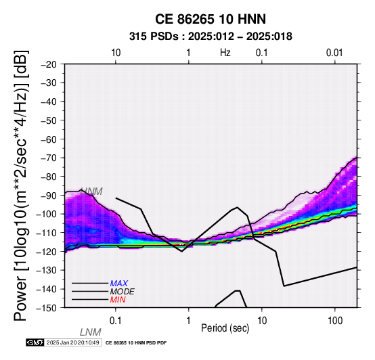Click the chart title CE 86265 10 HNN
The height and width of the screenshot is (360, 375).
coord(211,19)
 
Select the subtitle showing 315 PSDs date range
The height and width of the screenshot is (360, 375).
coord(211,37)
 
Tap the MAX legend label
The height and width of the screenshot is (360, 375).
coord(119,284)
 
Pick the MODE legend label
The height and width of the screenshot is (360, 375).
coord(123,292)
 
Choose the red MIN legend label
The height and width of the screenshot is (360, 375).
coord(118,300)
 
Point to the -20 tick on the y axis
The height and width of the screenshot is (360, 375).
coord(49,64)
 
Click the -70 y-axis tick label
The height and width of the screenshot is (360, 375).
coord(49,158)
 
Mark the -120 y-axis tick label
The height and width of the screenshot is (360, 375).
coord(47,252)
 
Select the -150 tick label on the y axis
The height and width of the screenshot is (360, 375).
coord(47,308)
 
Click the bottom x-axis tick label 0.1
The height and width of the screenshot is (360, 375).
coord(116,321)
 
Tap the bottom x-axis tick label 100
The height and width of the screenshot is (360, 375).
coord(335,321)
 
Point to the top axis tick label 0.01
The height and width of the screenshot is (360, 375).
coord(334,53)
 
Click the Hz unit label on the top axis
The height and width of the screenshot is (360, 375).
coord(225,53)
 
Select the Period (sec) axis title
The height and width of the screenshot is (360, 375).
coord(225,328)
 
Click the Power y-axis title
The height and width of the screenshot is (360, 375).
coord(21,185)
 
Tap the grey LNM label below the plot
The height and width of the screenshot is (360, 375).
coord(91,332)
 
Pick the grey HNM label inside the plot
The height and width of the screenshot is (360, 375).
coord(92,192)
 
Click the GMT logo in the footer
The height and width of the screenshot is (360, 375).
coord(35,342)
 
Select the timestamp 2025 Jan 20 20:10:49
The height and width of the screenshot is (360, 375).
coord(73,342)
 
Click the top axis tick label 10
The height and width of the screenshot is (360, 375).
coord(116,53)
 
